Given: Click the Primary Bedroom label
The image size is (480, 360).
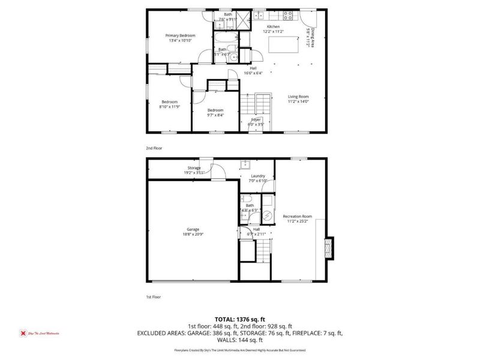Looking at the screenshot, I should tap(180, 35).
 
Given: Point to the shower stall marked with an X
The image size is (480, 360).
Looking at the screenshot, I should tap(245, 16).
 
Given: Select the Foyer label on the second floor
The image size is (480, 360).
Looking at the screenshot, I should tap(256, 119).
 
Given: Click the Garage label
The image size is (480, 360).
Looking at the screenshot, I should tap(192, 229).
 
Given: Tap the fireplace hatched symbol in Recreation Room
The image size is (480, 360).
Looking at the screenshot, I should tap(328, 247).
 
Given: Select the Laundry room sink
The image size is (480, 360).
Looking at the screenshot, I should tap(245, 165).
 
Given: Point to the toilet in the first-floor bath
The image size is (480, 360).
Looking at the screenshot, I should tap(246, 199).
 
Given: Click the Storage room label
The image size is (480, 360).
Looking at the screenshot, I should tap(194, 168).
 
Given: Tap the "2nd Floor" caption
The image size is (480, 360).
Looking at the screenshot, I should tap(154, 148).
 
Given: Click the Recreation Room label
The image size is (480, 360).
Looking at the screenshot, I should tap(298, 216).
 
